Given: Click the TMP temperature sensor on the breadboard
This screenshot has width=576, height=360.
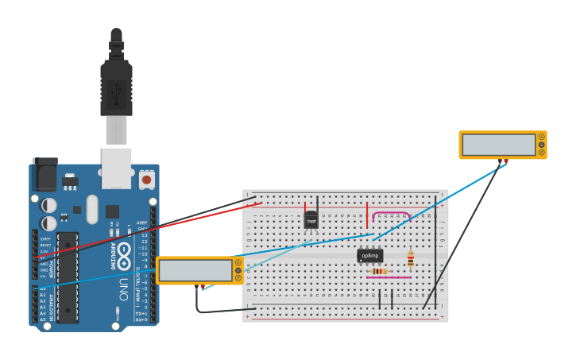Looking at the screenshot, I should (311, 220).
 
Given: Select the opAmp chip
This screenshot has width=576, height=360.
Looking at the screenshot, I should (369, 255).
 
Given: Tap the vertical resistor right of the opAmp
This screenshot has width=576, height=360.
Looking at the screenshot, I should (410, 258).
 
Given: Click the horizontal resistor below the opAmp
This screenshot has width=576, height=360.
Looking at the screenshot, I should (380, 271).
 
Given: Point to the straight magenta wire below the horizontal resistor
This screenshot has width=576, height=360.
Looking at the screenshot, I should (389, 277).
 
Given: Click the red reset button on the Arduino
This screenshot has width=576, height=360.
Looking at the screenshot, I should (146, 180).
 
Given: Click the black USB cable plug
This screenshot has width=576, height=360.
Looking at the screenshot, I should (116, 87).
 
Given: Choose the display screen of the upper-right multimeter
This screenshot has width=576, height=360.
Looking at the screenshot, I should (499, 145).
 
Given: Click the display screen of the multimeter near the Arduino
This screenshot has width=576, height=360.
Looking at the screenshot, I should (195, 270).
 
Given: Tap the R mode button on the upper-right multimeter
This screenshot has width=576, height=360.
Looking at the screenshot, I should (542, 152).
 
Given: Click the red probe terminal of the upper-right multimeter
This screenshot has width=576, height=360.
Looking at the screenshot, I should (506, 161).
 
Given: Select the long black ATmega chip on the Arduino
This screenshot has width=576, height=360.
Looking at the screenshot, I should (68, 276).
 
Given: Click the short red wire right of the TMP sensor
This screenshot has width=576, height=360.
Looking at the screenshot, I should (367, 215).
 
